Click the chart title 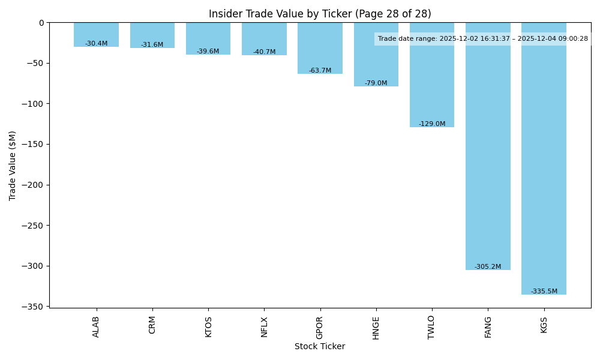[320, 14]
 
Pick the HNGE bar [376, 60]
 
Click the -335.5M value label [544, 292]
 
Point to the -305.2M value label [488, 267]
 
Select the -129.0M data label [432, 124]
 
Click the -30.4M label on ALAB [96, 44]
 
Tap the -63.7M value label [320, 71]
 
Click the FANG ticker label [488, 327]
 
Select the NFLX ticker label [264, 327]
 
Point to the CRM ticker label [152, 325]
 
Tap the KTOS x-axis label [208, 327]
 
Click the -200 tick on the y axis [34, 185]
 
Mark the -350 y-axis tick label [34, 307]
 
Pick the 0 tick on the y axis [41, 23]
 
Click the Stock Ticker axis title [320, 346]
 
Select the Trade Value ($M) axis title [13, 165]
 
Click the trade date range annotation [483, 39]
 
